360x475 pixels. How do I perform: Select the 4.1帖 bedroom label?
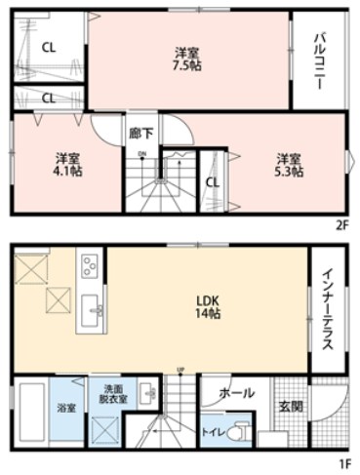tap(67, 164)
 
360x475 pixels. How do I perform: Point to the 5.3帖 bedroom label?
tap(288, 165)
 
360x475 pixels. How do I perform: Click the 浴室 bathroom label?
tap(66, 407)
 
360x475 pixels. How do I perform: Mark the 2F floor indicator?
tap(340, 224)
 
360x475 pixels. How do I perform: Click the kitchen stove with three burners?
tap(90, 263)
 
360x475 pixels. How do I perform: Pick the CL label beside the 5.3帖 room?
tap(213, 180)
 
